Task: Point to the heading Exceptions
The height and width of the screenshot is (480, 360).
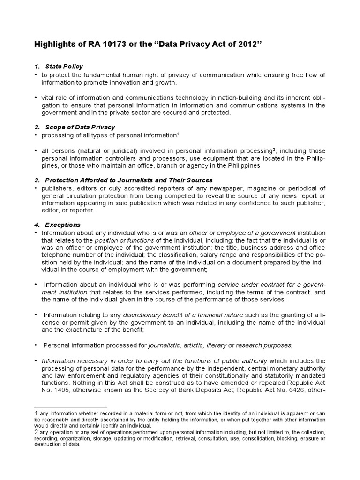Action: click(63, 225)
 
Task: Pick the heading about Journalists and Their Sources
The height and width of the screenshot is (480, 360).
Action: click(129, 180)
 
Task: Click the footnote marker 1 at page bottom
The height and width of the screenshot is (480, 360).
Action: click(37, 412)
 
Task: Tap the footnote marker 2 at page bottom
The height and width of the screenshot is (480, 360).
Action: click(37, 432)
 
